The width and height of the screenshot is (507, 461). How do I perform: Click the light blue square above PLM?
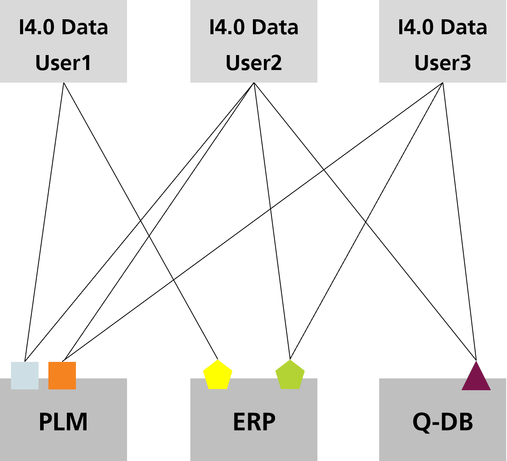[25, 376]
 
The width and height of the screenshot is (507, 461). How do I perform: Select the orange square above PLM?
[62, 376]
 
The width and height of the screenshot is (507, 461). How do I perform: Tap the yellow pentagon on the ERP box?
[218, 375]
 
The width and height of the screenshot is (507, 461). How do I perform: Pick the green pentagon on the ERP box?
[290, 375]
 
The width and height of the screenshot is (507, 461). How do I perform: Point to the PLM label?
[63, 422]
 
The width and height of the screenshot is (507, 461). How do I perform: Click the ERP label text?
[254, 422]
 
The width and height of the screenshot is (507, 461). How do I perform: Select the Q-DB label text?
[442, 422]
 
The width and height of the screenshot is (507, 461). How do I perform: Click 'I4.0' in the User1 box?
[36, 28]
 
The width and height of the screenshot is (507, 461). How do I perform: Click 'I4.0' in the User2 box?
[226, 28]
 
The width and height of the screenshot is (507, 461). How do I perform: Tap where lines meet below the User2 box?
[254, 83]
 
